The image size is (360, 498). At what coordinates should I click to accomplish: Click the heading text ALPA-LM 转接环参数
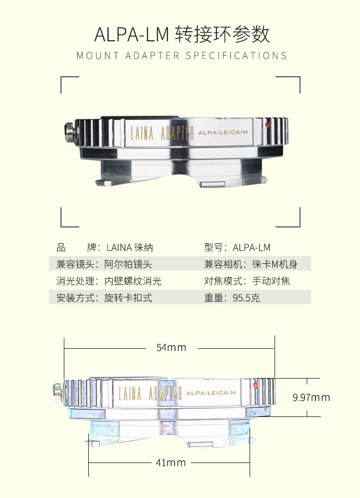click(x=182, y=35)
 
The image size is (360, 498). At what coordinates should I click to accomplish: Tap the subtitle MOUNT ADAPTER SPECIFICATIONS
click(x=182, y=56)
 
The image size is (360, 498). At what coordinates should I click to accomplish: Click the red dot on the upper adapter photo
click(x=267, y=126)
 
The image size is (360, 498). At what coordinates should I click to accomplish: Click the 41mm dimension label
click(x=171, y=463)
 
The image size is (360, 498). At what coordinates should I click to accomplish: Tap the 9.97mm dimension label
click(x=312, y=398)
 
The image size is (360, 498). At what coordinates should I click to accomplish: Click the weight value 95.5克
click(x=246, y=298)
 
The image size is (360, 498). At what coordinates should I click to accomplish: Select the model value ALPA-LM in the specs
click(x=252, y=248)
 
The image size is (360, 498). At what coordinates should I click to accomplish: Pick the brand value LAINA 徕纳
click(x=130, y=248)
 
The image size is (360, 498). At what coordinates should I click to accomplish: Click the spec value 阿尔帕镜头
click(x=128, y=264)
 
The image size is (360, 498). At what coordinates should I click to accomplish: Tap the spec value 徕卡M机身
click(x=271, y=264)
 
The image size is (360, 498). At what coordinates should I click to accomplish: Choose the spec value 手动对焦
click(x=271, y=281)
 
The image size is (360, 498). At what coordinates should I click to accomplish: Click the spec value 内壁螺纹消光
click(x=133, y=281)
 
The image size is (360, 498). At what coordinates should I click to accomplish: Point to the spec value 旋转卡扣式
click(x=128, y=298)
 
